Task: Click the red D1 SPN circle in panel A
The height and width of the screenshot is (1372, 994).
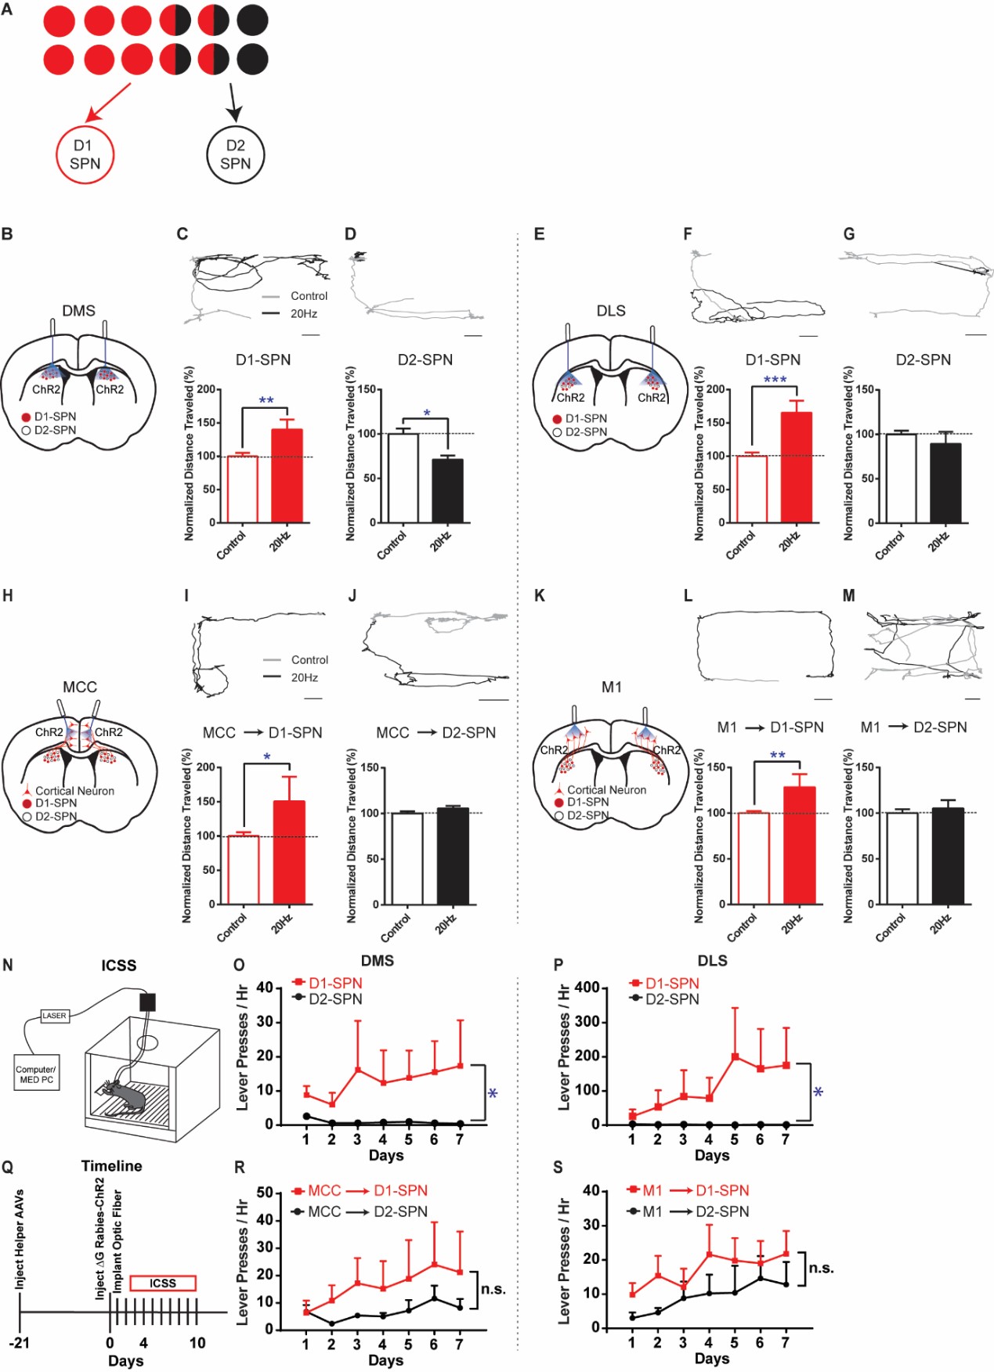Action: (x=85, y=154)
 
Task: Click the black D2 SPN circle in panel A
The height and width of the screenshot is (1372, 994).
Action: (x=235, y=154)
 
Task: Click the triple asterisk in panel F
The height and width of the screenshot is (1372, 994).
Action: (x=775, y=381)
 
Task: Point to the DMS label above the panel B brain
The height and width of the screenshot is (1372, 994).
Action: (x=78, y=311)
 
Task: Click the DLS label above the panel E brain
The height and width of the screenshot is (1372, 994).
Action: (x=611, y=311)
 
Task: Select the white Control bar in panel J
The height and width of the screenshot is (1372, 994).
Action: (x=407, y=858)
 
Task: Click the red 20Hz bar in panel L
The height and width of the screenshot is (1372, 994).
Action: (x=800, y=845)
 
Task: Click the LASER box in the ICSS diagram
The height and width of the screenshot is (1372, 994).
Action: (x=54, y=1016)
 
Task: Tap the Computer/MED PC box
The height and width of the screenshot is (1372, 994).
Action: (x=37, y=1074)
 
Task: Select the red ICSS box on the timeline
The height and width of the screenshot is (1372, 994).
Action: (x=163, y=1283)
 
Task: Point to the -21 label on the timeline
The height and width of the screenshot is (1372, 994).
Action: (x=19, y=1343)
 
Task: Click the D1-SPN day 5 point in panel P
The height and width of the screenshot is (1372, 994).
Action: (x=735, y=1056)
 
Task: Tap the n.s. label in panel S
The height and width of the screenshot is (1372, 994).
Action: (x=821, y=1268)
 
